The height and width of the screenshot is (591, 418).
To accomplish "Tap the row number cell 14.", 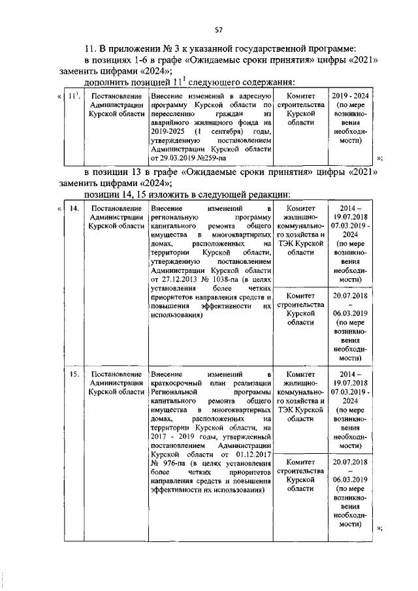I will click(x=74, y=208).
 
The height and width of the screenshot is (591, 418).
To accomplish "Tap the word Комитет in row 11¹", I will click(x=300, y=96).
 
